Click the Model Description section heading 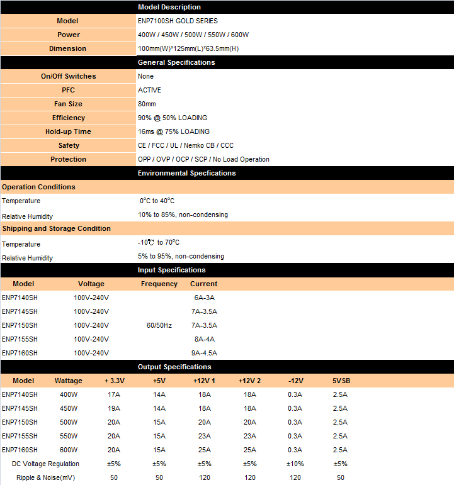(x=169, y=7)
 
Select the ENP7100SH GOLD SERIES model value (x=178, y=21)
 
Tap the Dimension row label (x=68, y=48)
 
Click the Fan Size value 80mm (x=147, y=104)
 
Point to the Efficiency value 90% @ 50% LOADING (x=173, y=118)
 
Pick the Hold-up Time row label (x=68, y=131)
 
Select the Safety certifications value (x=186, y=145)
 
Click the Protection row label (x=68, y=159)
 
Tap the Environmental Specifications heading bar (x=186, y=173)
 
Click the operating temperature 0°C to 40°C (x=157, y=201)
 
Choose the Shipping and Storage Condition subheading (x=57, y=228)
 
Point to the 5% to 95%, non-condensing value (x=181, y=256)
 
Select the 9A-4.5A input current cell (x=204, y=353)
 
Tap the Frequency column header (x=159, y=284)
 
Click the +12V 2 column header (x=250, y=381)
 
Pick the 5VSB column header (x=341, y=381)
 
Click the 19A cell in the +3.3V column (x=114, y=408)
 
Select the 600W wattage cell (x=69, y=450)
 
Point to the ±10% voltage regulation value (x=295, y=464)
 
